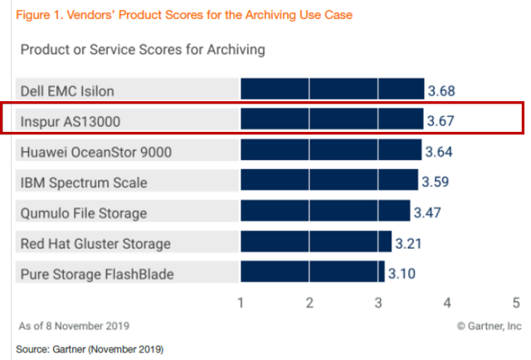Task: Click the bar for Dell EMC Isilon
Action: pos(332,90)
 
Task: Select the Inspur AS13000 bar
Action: pos(331,120)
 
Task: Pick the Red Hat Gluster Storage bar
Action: pos(316,242)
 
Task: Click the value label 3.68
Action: pos(441,90)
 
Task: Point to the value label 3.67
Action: pos(441,121)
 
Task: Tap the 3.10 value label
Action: pos(402,274)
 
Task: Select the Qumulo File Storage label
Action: pos(83,212)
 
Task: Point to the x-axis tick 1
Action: pos(241,303)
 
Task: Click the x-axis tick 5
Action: pos(515,303)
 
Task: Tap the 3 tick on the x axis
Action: pos(378,303)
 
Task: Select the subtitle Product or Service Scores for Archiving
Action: pos(143,50)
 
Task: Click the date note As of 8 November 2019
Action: pos(74,326)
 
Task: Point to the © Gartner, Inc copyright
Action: pos(489,326)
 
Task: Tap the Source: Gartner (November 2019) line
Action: pos(90,348)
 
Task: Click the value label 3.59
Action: pos(436,182)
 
